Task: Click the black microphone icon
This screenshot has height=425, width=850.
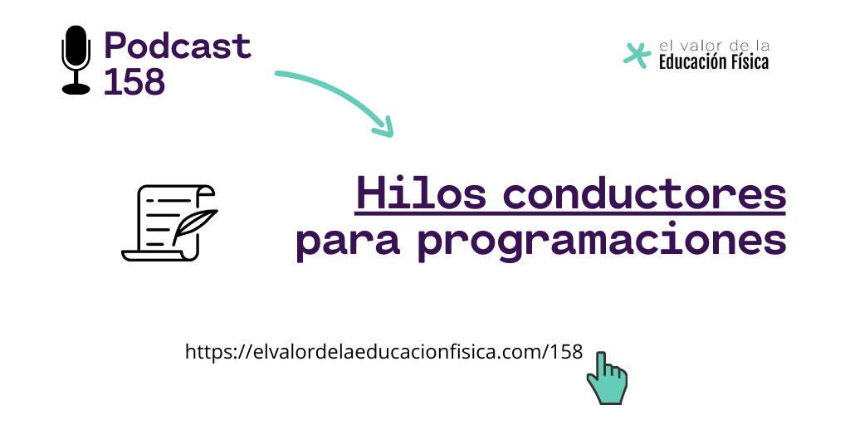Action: pyautogui.click(x=76, y=60)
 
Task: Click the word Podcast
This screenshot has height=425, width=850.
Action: pyautogui.click(x=178, y=46)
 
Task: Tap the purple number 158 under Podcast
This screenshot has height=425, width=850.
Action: pyautogui.click(x=134, y=82)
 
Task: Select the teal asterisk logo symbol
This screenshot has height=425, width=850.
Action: pyautogui.click(x=637, y=56)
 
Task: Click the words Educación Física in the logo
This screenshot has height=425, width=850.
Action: pyautogui.click(x=713, y=61)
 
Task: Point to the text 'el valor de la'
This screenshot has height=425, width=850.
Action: pyautogui.click(x=713, y=46)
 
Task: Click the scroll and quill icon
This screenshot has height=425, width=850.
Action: pyautogui.click(x=169, y=222)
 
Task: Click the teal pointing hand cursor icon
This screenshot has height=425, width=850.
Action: pyautogui.click(x=607, y=378)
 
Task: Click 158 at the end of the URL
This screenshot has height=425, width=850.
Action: pyautogui.click(x=566, y=352)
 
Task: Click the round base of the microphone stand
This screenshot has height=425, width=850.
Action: pyautogui.click(x=76, y=89)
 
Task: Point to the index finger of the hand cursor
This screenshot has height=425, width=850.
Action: pyautogui.click(x=601, y=364)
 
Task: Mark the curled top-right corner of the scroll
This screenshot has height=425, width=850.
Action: pyautogui.click(x=207, y=190)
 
